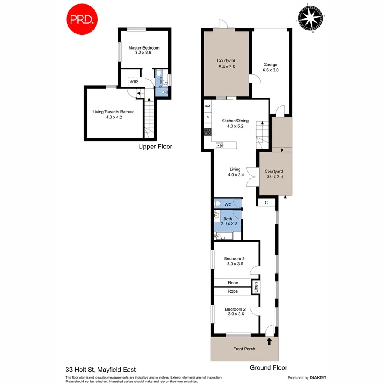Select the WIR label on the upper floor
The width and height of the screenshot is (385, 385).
click(x=134, y=81)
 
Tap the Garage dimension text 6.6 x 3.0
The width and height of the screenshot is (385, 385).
click(x=270, y=70)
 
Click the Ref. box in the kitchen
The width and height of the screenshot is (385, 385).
click(x=208, y=106)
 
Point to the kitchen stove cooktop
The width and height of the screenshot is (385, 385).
click(x=208, y=131)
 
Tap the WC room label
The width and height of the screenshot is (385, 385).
click(x=228, y=205)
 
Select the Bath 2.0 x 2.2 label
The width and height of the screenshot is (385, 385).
click(x=228, y=221)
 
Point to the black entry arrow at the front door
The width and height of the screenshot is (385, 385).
click(x=269, y=341)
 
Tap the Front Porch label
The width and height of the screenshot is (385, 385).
click(x=244, y=349)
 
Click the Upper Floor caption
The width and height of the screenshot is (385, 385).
click(x=155, y=147)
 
